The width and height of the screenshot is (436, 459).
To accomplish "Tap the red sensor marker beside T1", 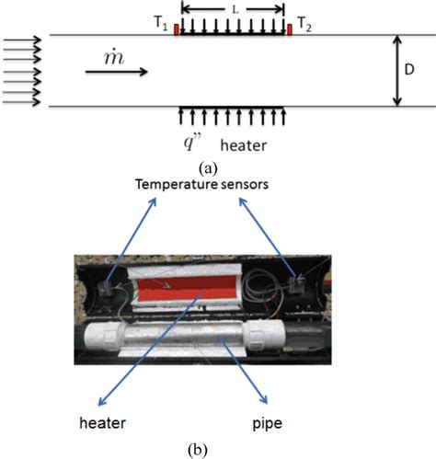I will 175,30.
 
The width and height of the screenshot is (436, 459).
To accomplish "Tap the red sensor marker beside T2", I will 290,30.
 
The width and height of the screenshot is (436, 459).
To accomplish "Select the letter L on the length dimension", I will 234,8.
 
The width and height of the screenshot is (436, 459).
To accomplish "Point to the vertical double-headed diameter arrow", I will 396,71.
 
